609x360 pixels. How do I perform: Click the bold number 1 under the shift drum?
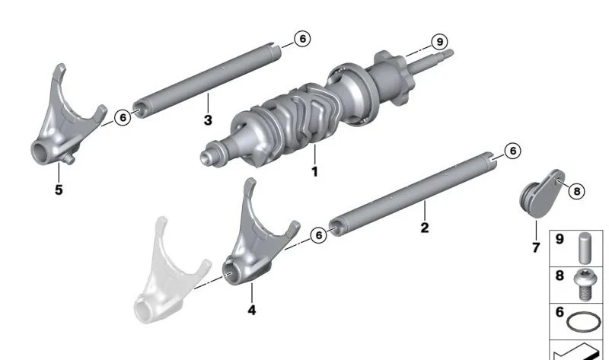click(x=315, y=171)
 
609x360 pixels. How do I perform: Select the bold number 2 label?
click(x=425, y=228)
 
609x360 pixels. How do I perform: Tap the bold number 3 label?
click(x=208, y=120)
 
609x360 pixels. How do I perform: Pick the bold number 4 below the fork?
click(x=252, y=310)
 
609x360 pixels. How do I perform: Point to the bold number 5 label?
click(x=59, y=190)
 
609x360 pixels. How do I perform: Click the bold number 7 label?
click(x=536, y=247)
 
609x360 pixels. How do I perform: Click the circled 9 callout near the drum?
click(x=440, y=42)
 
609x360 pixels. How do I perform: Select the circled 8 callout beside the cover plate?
click(x=577, y=191)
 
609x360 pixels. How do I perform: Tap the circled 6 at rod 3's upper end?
click(x=302, y=39)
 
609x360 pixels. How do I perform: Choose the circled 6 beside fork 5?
click(x=123, y=117)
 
